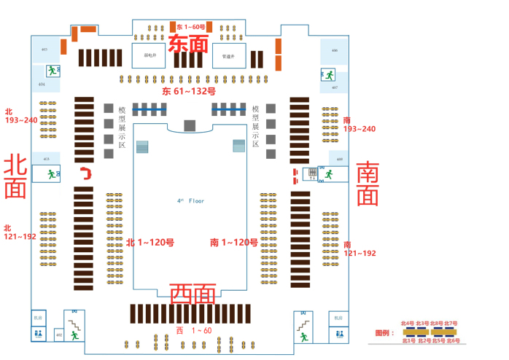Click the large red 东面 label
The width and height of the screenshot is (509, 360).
189,44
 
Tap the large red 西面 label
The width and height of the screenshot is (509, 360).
193,294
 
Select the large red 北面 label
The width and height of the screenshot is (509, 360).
15,177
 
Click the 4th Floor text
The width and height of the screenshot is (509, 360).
191,200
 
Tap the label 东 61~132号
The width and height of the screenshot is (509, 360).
189,92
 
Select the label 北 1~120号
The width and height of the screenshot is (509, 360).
150,242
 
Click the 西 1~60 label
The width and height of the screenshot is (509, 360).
193,331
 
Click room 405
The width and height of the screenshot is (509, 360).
44,50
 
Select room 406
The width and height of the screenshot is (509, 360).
334,51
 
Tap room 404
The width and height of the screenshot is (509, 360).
41,85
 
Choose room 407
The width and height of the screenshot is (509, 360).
334,87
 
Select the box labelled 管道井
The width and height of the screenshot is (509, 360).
228,55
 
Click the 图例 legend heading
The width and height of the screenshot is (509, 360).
384,332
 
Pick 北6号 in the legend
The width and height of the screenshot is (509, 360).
453,340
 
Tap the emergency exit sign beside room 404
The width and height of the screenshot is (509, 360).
52,71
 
